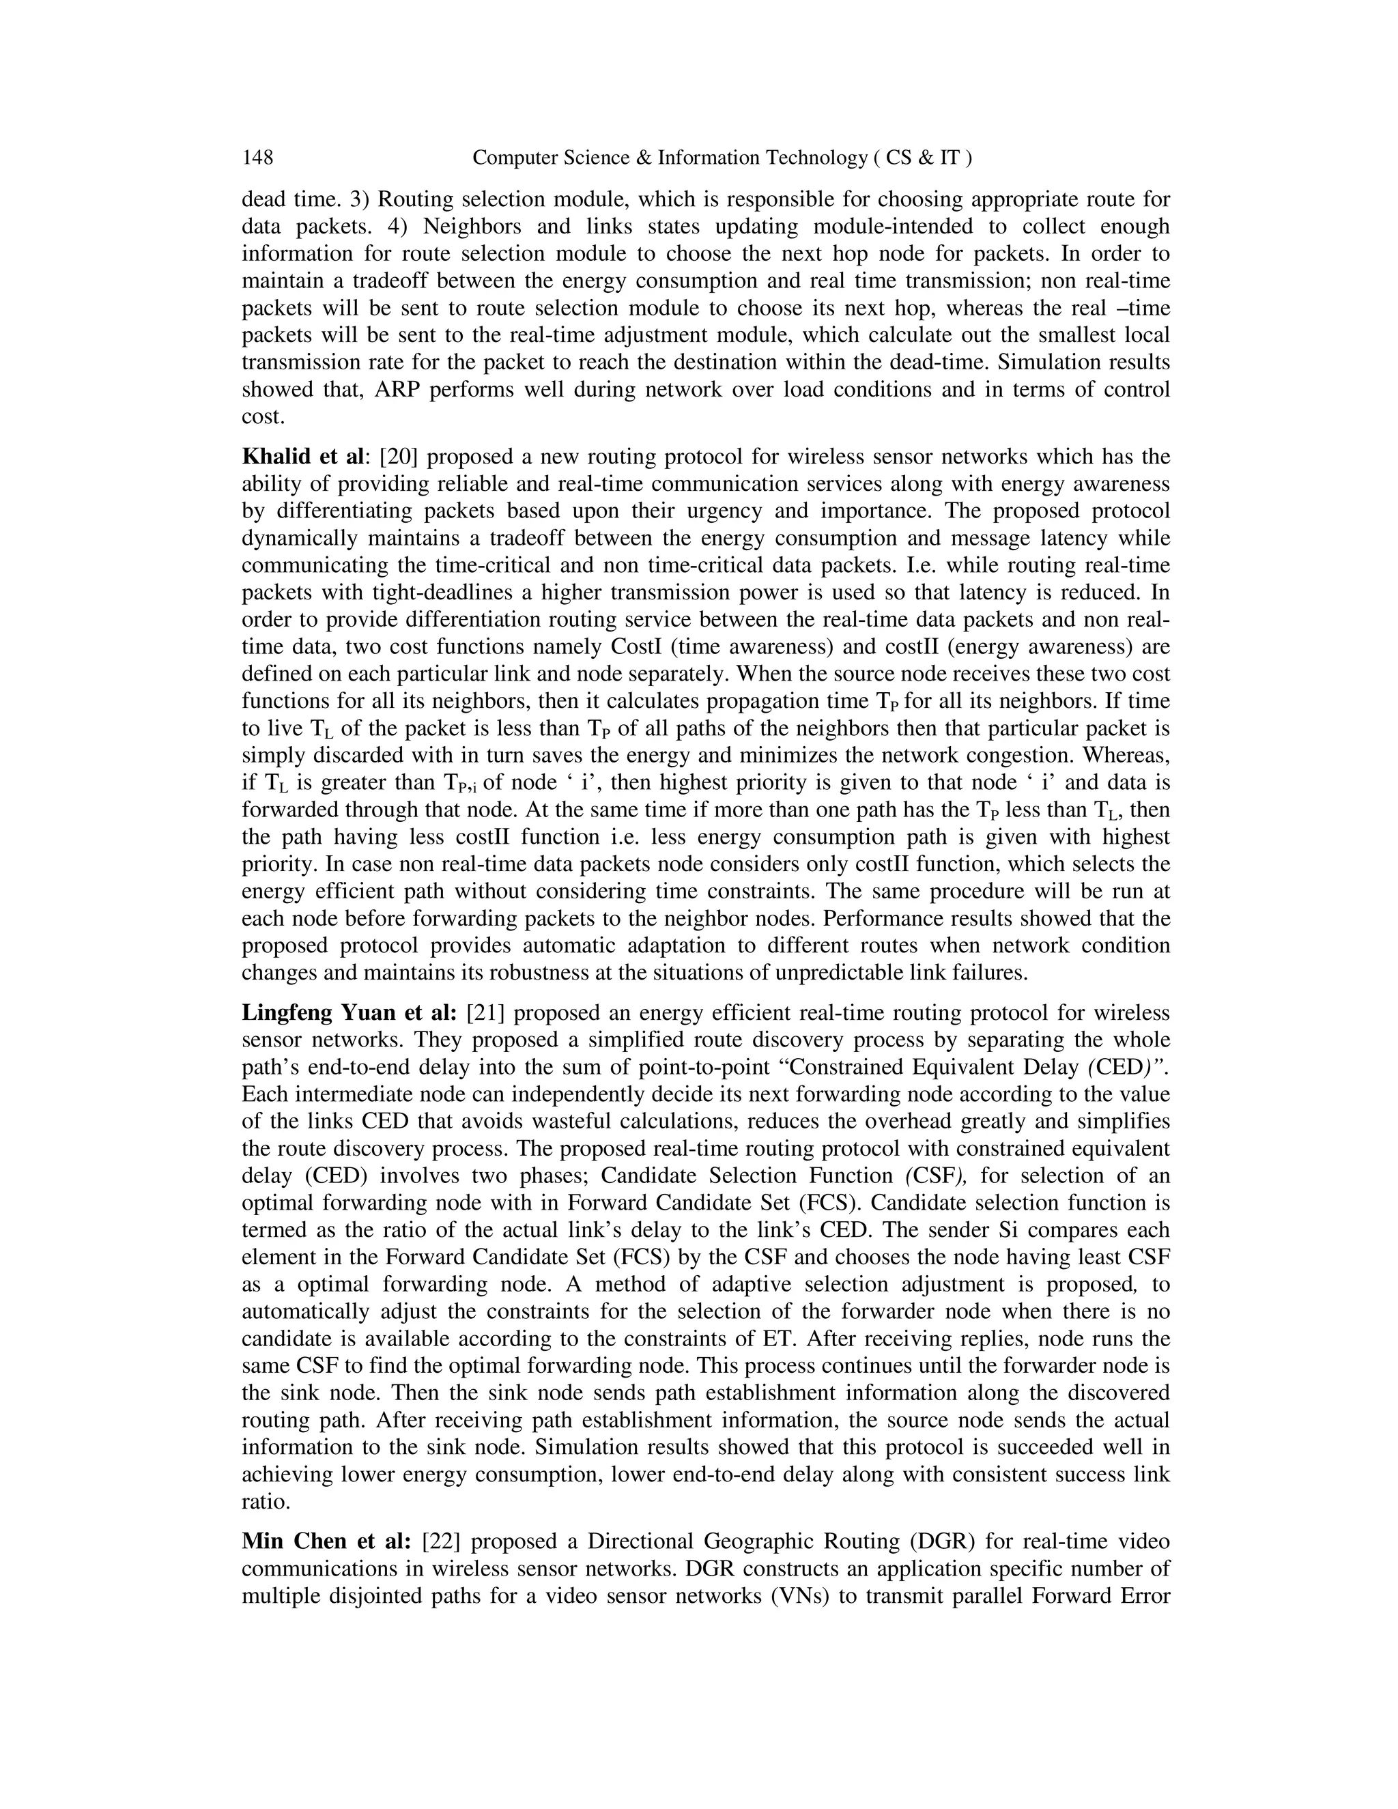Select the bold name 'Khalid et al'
pos(302,457)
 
